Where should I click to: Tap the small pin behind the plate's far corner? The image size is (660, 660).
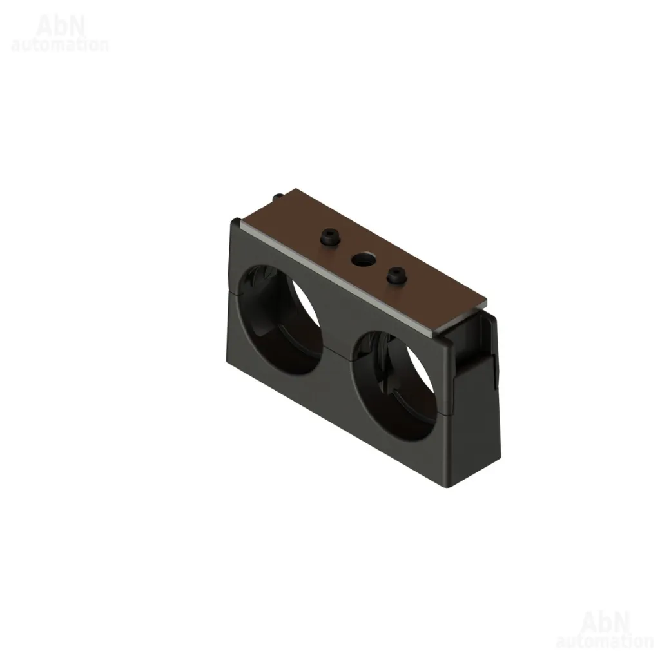pyautogui.click(x=278, y=197)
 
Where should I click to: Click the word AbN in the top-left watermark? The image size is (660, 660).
pyautogui.click(x=61, y=26)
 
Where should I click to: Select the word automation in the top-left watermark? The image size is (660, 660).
pyautogui.click(x=60, y=44)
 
